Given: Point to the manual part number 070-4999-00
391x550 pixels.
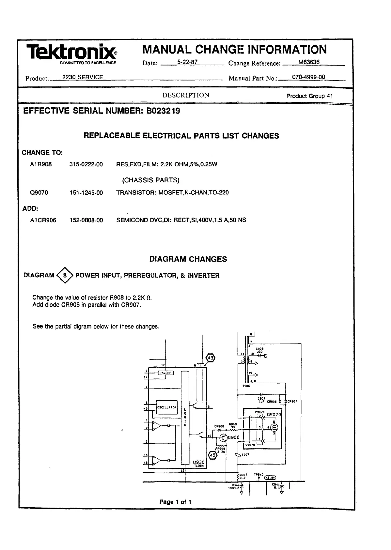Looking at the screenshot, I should tap(308, 77).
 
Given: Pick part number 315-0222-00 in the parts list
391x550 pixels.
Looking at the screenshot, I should tap(86, 164).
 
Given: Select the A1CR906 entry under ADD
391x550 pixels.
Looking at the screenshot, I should tap(43, 220).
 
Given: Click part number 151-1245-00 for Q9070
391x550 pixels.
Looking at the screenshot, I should tap(86, 193).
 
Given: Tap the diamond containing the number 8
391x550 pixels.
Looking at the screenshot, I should tap(65, 275).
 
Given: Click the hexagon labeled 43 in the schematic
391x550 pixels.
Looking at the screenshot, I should tap(211, 359).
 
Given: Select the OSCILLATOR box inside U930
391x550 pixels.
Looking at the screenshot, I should tap(167, 407).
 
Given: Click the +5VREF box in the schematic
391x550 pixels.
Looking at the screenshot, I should tap(165, 373).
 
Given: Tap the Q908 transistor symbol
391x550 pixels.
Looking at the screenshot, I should tap(224, 437).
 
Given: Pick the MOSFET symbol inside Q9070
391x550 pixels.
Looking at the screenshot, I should tap(275, 427).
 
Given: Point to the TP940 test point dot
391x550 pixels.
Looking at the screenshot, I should tap(259, 479).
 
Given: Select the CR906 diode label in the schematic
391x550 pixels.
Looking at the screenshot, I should tap(272, 402).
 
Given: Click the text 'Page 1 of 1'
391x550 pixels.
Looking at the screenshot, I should tap(175, 502).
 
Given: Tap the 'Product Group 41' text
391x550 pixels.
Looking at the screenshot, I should tap(309, 96).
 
